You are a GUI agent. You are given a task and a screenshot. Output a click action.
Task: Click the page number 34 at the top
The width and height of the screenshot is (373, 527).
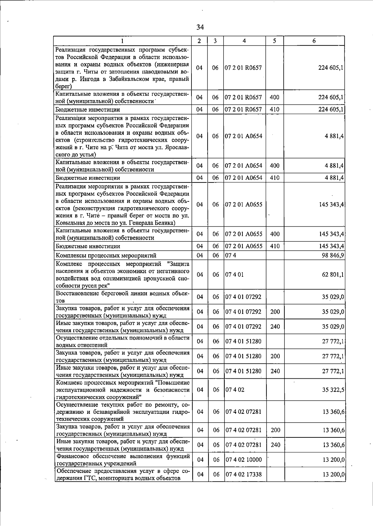point(200,27)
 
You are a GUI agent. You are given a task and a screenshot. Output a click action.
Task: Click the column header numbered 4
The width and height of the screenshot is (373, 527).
point(245,41)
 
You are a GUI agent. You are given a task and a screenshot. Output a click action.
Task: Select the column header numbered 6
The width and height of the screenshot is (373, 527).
point(314,41)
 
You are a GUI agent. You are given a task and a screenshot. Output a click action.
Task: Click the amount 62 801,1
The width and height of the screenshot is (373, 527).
point(333,275)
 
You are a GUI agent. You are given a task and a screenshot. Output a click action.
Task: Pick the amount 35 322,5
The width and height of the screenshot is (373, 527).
point(333,390)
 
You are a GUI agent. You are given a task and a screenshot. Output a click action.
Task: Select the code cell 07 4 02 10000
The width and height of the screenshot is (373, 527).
point(243,460)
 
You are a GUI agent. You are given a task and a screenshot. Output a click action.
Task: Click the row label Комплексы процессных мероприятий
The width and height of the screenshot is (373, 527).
point(106,255)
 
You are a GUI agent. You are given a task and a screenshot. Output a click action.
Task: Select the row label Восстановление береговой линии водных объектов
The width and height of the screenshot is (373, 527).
point(122,297)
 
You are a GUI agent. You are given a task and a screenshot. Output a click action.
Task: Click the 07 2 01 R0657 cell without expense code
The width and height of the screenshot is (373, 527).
point(243,68)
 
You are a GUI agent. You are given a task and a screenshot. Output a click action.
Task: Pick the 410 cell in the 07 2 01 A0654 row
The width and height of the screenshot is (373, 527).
point(275,178)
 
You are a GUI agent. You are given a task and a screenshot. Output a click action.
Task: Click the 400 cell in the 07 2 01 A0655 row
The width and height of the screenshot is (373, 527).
point(275,234)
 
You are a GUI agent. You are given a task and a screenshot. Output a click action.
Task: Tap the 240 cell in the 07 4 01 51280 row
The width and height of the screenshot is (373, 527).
point(275,371)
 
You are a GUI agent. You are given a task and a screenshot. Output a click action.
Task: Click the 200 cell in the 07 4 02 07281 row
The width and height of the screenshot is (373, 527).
point(275,430)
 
